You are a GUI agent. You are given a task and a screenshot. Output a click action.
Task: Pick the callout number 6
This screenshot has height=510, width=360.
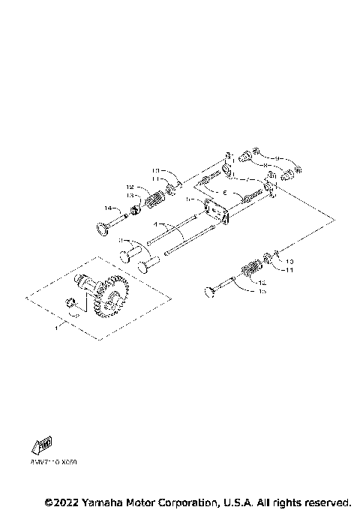pyautogui.click(x=223, y=193)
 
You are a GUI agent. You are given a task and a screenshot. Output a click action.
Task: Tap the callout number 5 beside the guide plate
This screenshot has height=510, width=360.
pyautogui.click(x=189, y=201)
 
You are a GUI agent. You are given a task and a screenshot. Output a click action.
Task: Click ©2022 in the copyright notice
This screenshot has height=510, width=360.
pyautogui.click(x=62, y=501)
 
